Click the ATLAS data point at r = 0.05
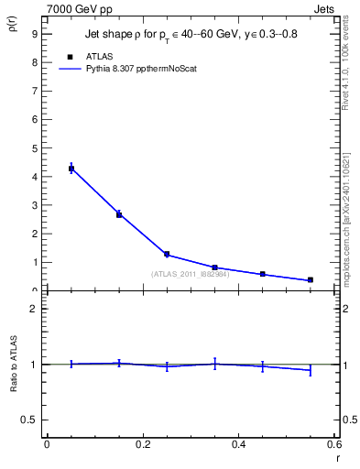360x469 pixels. click(71, 169)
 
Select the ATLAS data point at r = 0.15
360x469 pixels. click(119, 214)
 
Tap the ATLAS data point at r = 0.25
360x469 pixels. click(167, 254)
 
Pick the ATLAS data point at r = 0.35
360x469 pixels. click(214, 267)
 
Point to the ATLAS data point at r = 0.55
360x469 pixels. click(311, 279)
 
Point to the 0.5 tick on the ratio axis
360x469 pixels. click(31, 420)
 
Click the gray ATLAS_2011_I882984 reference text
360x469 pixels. click(189, 275)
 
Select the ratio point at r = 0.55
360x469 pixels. click(311, 369)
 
